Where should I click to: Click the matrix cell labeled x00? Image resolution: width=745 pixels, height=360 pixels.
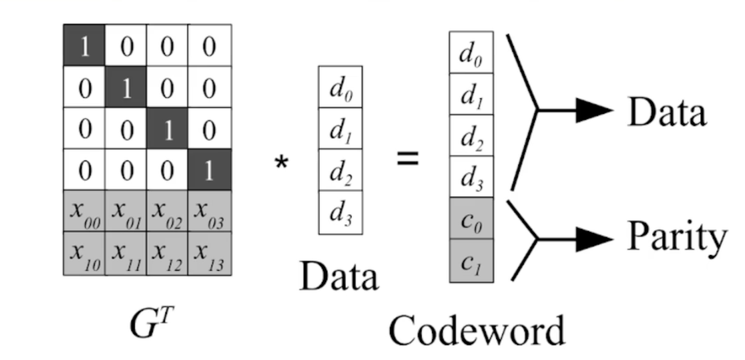[84, 211]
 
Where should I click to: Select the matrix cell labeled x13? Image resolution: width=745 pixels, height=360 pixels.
[210, 254]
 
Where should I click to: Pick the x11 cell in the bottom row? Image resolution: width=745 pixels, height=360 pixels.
[126, 254]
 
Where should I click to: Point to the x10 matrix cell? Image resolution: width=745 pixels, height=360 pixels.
[84, 254]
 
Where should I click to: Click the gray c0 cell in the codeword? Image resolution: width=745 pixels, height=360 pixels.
[471, 218]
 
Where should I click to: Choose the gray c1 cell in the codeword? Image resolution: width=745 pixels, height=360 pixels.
[471, 260]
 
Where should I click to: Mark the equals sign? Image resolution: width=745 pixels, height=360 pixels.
[408, 159]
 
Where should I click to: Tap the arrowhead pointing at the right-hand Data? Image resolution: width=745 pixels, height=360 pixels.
[594, 110]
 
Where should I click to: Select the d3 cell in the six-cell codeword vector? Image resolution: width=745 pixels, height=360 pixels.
[471, 176]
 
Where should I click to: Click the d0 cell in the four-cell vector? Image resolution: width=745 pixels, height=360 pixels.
[340, 87]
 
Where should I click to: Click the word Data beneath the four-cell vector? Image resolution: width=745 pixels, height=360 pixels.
[339, 276]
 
